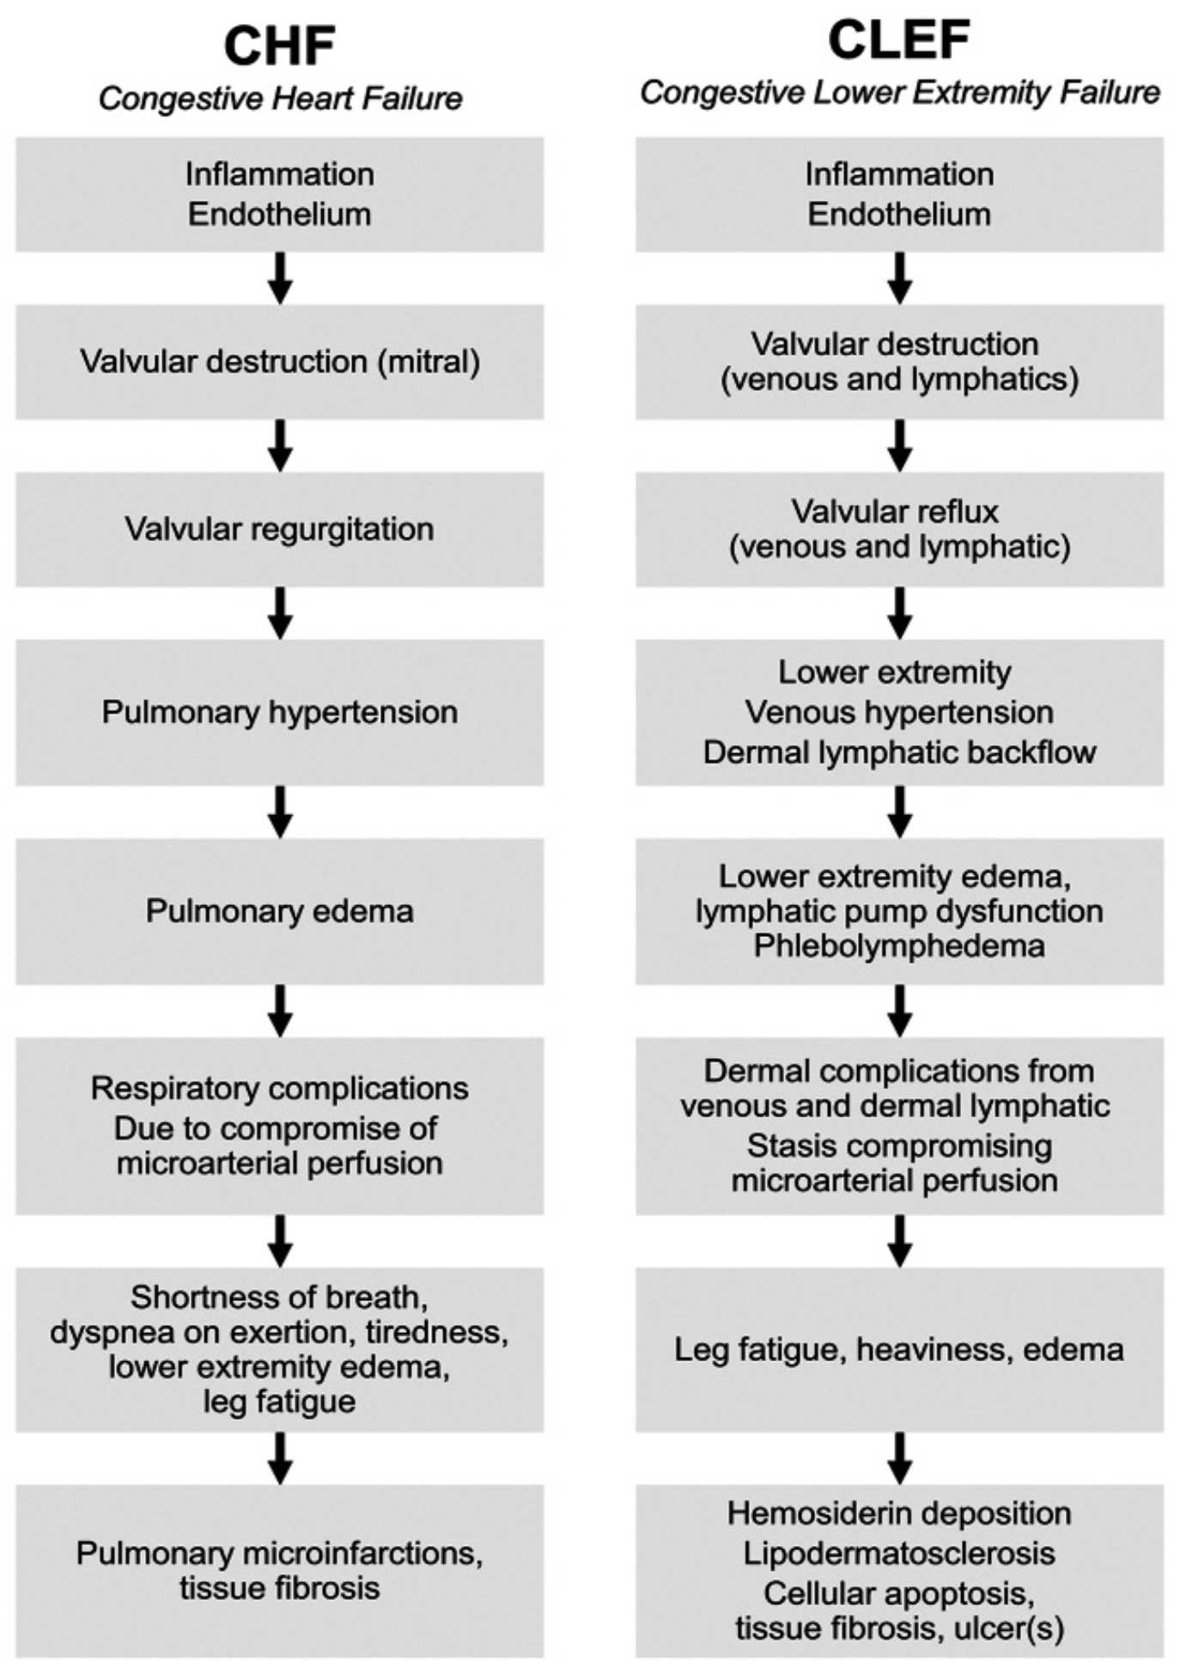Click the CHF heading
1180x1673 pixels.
pyautogui.click(x=279, y=46)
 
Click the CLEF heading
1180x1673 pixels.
pyautogui.click(x=899, y=40)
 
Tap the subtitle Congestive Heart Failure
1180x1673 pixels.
pyautogui.click(x=280, y=99)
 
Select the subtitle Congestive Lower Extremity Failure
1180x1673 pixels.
pyautogui.click(x=899, y=93)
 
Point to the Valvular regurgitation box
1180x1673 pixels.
pyautogui.click(x=279, y=529)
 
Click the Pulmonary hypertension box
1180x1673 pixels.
pyautogui.click(x=279, y=712)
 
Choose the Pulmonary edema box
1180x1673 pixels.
pyautogui.click(x=279, y=911)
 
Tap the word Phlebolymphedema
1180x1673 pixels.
pyautogui.click(x=899, y=946)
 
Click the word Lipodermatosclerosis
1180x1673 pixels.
pyautogui.click(x=899, y=1553)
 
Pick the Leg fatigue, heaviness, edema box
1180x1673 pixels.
pyautogui.click(x=899, y=1349)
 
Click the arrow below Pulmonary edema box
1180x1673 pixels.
pyautogui.click(x=280, y=1011)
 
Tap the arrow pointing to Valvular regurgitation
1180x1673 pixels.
pyautogui.click(x=280, y=445)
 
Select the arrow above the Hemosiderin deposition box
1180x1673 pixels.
pyautogui.click(x=899, y=1457)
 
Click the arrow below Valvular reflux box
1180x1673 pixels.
pyautogui.click(x=899, y=612)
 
